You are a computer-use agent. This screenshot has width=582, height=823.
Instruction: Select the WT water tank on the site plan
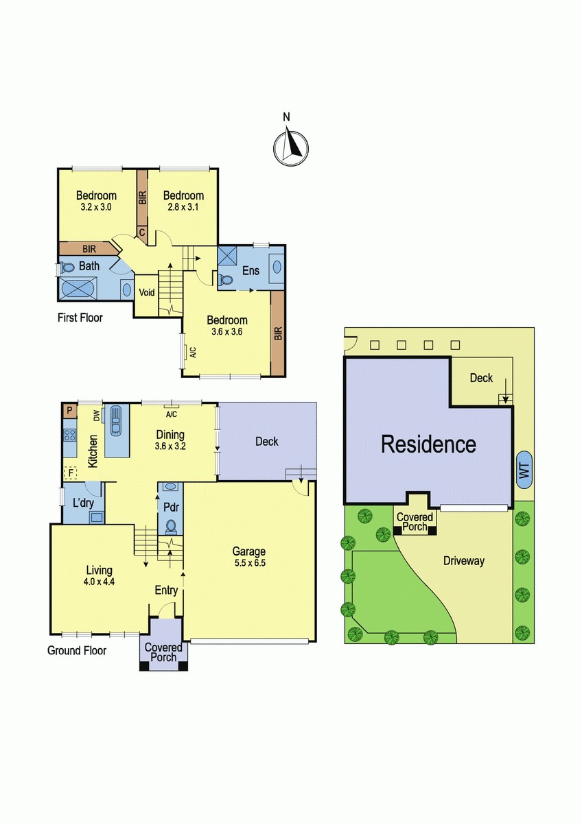524,470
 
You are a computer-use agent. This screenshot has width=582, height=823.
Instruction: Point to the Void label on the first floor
147,293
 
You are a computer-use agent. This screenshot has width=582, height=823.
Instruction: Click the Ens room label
251,270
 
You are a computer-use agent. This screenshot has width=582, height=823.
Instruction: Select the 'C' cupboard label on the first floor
142,233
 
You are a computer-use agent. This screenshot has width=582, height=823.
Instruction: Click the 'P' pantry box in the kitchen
69,411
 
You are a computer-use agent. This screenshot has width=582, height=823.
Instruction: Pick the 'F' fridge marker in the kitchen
70,472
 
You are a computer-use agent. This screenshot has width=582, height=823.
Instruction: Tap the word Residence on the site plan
428,444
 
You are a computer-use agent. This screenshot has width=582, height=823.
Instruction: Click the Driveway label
463,561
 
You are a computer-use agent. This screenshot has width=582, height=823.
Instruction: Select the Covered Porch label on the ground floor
163,652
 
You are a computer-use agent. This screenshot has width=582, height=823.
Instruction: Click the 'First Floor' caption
80,318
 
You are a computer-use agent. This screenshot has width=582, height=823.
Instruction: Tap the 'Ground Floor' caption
76,650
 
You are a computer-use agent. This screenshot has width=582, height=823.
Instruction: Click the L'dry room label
84,502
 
